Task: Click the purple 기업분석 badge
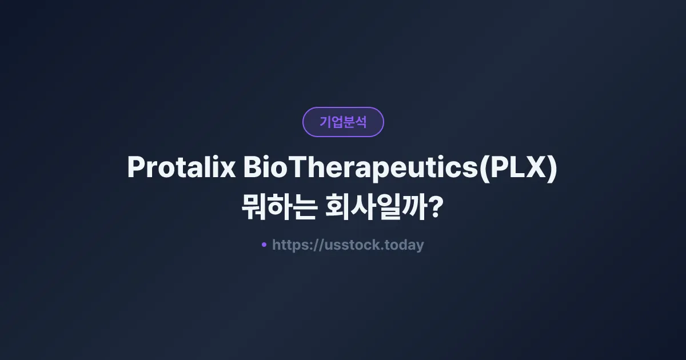click(x=343, y=122)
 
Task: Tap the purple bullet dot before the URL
click(x=264, y=245)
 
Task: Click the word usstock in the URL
click(x=342, y=245)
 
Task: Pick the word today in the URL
click(x=404, y=245)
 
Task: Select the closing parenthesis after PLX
click(x=552, y=169)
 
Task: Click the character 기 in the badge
click(x=325, y=122)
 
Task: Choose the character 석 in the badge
click(x=361, y=122)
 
